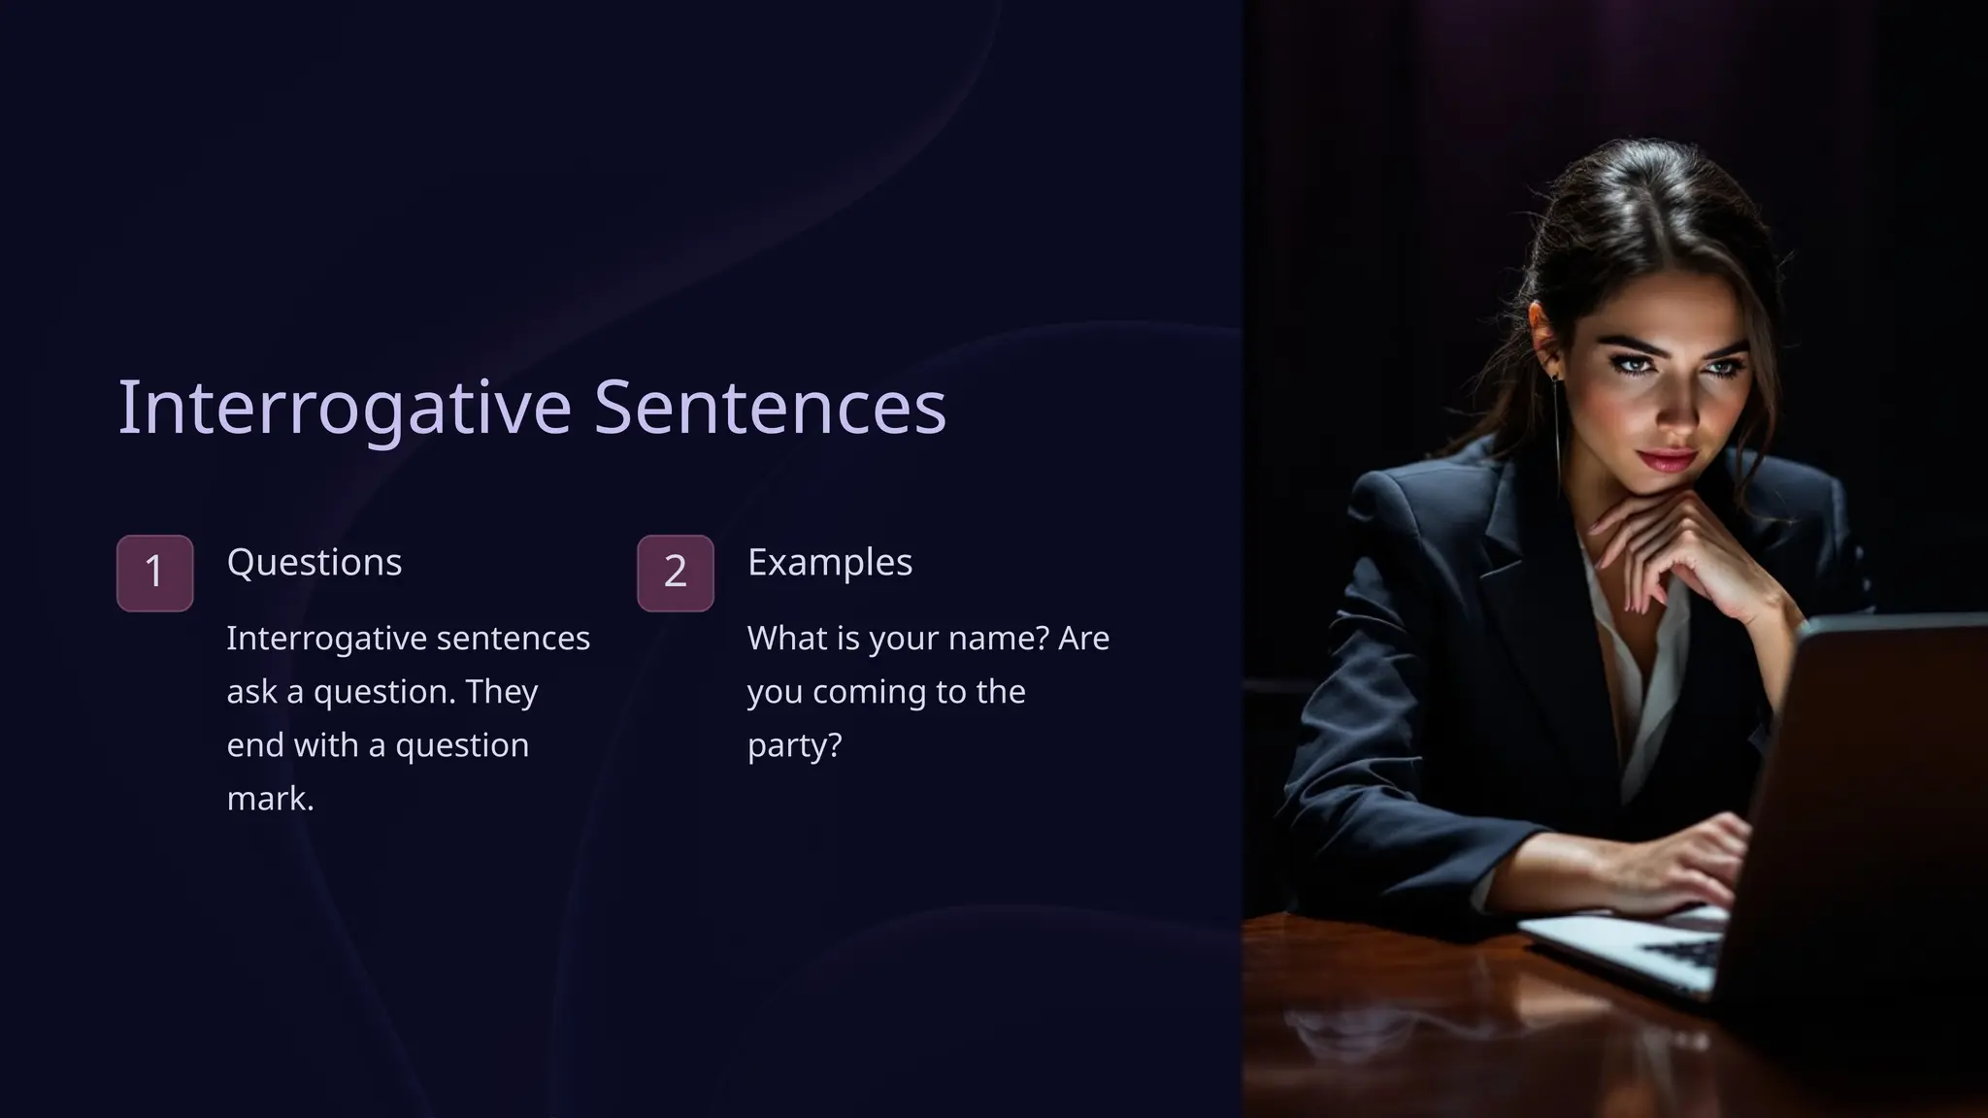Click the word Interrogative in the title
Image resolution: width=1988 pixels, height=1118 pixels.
click(344, 408)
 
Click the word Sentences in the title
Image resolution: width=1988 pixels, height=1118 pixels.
click(769, 408)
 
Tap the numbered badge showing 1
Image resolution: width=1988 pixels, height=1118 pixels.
click(154, 573)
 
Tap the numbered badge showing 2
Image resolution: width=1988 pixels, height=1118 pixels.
click(675, 573)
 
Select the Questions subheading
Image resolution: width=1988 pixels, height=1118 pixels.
click(314, 563)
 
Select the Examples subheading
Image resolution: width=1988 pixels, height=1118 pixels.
click(829, 563)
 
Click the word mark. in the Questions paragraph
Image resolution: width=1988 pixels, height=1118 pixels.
click(270, 799)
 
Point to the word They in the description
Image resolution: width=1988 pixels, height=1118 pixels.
click(501, 692)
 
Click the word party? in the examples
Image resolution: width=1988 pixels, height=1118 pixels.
click(794, 745)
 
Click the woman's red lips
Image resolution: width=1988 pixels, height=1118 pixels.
click(1667, 459)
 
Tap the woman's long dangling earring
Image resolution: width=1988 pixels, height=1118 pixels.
click(1557, 427)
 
